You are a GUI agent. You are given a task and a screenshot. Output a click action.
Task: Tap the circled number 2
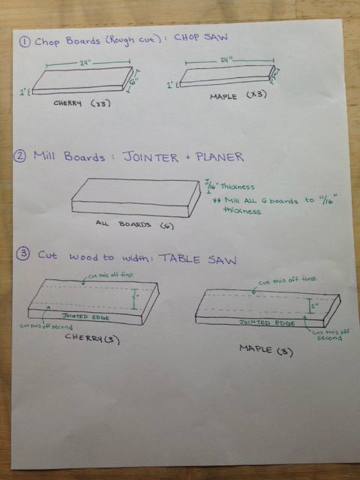click(25, 158)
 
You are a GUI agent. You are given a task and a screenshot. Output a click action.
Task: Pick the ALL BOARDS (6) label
click(127, 224)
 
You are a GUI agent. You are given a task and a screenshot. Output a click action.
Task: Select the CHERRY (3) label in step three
click(86, 339)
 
